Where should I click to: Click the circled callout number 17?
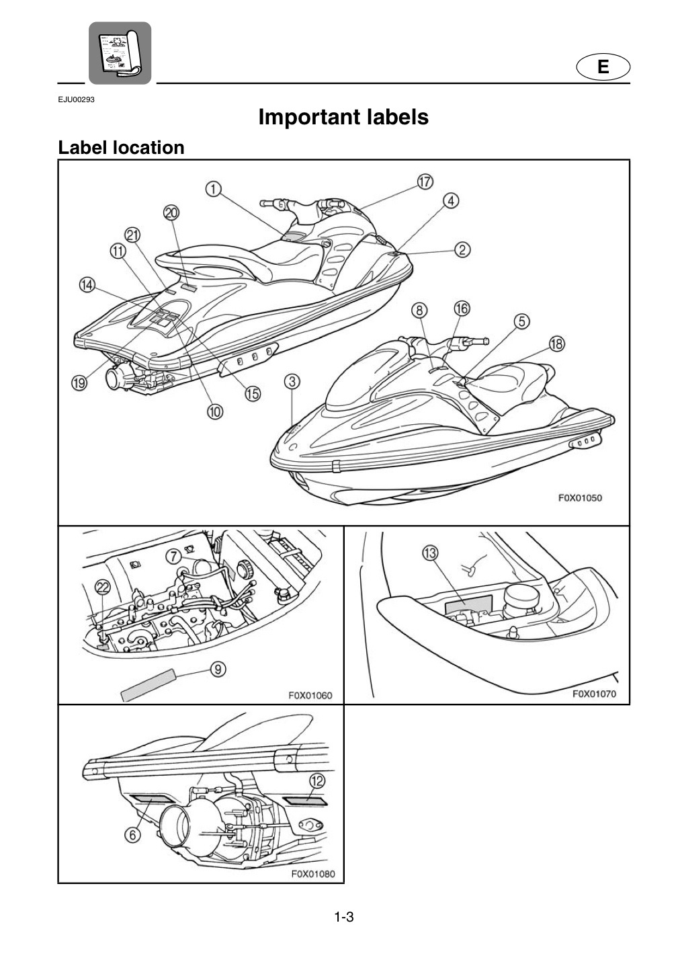tap(425, 182)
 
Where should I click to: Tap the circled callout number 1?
tap(213, 190)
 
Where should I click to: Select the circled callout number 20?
tap(171, 212)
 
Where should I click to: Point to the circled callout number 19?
tap(80, 382)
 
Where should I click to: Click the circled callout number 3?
tap(293, 382)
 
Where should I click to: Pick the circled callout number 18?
tap(557, 344)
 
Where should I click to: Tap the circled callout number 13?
tap(430, 553)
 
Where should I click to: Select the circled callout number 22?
tap(103, 587)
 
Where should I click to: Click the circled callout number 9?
tap(218, 669)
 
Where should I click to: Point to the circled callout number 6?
tap(133, 835)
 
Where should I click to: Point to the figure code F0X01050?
tap(580, 497)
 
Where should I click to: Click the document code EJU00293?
tap(77, 99)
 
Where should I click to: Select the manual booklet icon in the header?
tap(120, 52)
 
